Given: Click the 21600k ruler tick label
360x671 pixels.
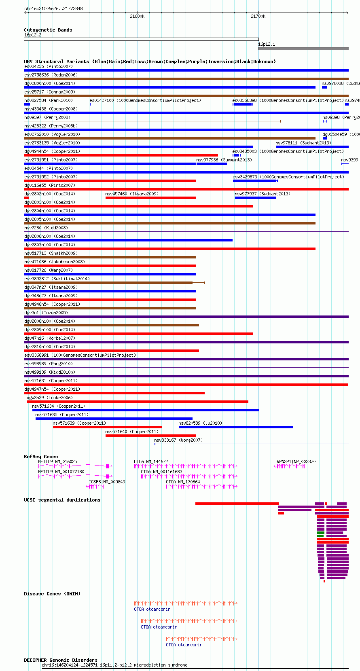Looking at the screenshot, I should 137,16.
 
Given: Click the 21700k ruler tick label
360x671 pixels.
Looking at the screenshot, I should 258,16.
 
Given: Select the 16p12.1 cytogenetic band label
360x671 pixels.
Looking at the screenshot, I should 267,44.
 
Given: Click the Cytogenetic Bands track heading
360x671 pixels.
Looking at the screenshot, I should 48,30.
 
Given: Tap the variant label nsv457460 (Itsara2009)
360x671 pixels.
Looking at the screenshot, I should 132,194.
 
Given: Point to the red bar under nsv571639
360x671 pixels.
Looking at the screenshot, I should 107,427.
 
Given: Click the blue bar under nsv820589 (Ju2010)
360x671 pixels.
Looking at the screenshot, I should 236,427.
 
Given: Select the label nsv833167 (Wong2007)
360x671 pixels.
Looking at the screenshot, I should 178,440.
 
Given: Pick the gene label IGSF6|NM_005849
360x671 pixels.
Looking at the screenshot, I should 107,482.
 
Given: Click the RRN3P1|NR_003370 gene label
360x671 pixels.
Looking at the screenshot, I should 296,461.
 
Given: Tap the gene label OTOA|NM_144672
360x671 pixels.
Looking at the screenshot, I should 151,461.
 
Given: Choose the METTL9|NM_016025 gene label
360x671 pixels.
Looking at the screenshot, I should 57,461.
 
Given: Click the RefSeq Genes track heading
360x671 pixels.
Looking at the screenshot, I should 41,457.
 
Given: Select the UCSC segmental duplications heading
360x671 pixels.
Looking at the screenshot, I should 62,500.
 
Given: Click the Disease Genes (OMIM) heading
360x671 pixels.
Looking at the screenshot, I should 52,594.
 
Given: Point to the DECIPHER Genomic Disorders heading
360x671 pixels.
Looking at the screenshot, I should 61,660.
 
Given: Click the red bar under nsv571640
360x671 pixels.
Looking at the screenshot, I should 150,436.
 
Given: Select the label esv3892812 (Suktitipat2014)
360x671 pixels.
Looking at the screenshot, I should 57,279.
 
